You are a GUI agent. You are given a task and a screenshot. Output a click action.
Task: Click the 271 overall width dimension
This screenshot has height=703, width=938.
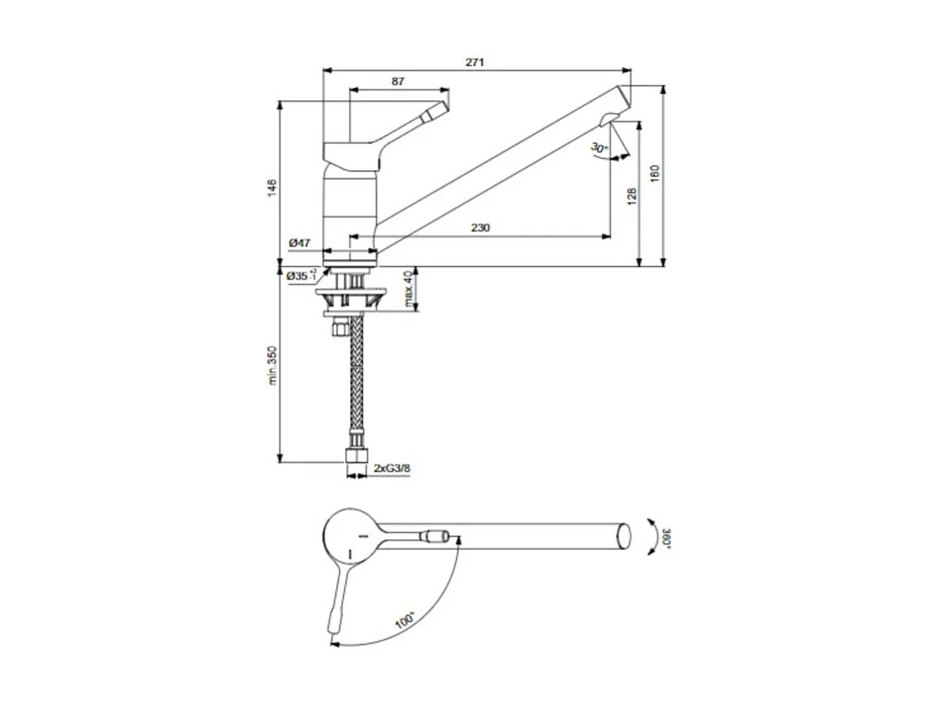point(474,61)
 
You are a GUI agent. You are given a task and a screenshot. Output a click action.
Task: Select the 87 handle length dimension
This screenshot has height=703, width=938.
point(398,81)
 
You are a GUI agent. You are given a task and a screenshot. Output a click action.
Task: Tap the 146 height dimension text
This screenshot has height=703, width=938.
point(272,187)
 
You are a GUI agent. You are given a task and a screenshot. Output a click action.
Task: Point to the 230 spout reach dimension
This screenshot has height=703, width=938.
point(480,228)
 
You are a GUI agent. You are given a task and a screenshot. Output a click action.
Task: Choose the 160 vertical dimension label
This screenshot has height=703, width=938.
point(655,174)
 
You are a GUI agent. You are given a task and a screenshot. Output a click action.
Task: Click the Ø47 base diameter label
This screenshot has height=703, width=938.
point(299,243)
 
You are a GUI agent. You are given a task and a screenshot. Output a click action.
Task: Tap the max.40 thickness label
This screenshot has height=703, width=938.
point(408,289)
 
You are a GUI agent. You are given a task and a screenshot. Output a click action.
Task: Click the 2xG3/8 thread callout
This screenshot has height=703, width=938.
point(392,469)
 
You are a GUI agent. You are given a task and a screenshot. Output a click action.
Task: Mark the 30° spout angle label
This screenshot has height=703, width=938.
point(598,148)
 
